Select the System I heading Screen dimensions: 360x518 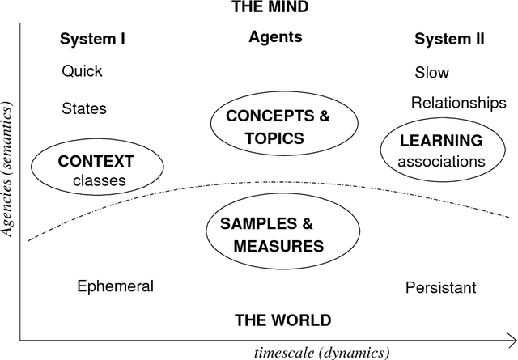click(92, 39)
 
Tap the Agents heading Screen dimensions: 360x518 click(275, 36)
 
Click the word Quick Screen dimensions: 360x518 click(82, 71)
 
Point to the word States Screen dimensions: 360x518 click(84, 108)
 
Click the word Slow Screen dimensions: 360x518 click(431, 73)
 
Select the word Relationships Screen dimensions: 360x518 click(458, 103)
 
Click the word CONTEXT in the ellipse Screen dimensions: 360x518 click(96, 161)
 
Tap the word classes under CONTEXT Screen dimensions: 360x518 click(100, 180)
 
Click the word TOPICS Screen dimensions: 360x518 click(274, 138)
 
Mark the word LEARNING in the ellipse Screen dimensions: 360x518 click(441, 141)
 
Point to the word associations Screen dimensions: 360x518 click(441, 161)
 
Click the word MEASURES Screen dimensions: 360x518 click(278, 246)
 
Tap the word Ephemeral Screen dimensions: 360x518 click(115, 286)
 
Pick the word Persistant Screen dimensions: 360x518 click(440, 288)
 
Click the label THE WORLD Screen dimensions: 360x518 click(282, 320)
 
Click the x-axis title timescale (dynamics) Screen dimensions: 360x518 click(321, 352)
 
